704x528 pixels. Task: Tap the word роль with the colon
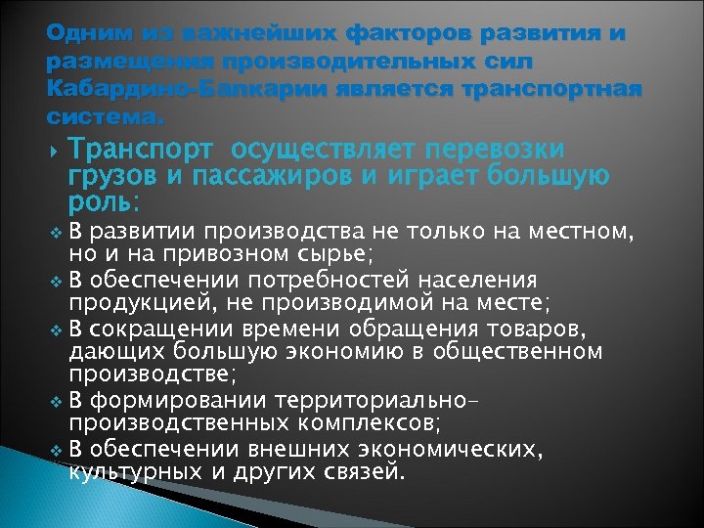(x=105, y=202)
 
